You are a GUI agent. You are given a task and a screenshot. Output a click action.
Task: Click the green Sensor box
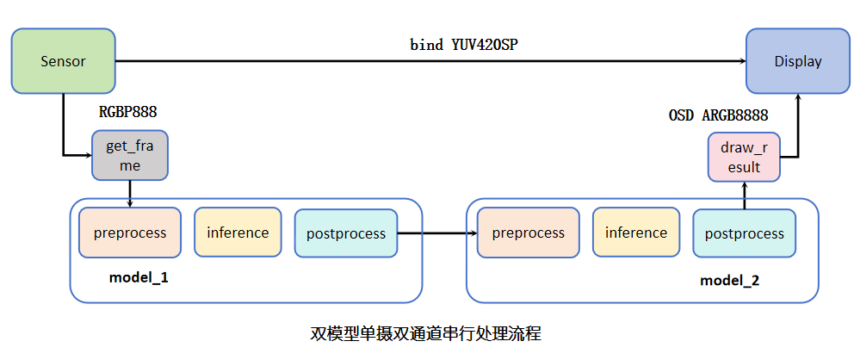point(63,61)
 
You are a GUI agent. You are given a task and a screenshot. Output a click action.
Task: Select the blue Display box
point(797,61)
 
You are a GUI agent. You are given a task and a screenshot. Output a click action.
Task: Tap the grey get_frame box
point(129,156)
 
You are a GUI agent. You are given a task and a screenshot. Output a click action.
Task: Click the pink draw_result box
point(744,157)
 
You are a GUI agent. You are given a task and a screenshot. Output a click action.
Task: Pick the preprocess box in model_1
point(130,233)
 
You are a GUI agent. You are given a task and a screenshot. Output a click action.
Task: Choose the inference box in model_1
point(238,233)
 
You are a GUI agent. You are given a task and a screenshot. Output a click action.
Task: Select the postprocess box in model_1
point(346,233)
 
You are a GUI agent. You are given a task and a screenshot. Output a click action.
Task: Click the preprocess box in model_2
point(528,233)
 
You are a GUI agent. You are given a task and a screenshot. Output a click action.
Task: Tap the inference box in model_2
point(635,233)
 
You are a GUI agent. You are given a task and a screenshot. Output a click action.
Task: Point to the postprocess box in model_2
point(744,233)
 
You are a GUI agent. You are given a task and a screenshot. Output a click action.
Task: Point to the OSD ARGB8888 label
point(718,115)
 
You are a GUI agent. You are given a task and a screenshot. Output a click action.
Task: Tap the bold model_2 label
point(729,281)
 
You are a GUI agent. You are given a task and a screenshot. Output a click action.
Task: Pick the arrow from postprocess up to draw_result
point(744,195)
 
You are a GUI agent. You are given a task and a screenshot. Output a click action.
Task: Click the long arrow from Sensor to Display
point(430,61)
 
